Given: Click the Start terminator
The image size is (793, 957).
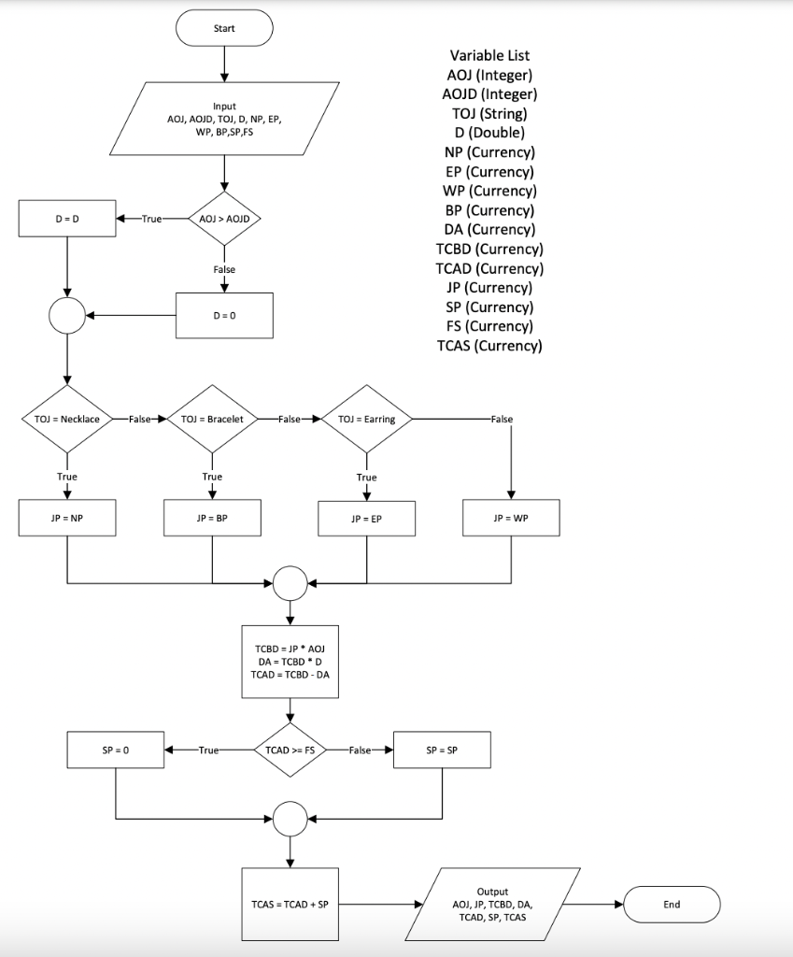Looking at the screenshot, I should coord(224,28).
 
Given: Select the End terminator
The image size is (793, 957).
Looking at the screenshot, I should coord(672,904).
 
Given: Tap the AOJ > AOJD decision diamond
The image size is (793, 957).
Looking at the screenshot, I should coord(224,219).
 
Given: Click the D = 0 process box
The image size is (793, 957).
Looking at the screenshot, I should coord(224,315).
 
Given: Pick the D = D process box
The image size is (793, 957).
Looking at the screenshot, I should coord(67,219).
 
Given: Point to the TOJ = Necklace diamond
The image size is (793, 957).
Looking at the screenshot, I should coord(67,420).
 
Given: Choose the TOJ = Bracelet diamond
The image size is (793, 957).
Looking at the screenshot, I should coord(212,420).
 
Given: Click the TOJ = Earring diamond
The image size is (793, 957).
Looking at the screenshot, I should coord(366,420).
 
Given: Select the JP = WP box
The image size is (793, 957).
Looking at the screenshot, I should coord(511,517).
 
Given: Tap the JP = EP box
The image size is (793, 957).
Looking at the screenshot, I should coord(366,518).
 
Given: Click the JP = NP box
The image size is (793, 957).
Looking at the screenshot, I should coord(67,517).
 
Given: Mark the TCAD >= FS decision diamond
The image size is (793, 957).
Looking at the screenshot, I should coord(290,750).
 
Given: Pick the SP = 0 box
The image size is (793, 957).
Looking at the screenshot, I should coord(116,750).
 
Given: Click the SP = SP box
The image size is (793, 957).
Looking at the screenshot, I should coord(442,750).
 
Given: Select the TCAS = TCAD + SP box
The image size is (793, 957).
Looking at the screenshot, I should coord(290,904).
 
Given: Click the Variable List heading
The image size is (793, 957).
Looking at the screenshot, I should coord(489,55).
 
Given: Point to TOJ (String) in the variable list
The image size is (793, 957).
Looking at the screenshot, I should coord(489,113).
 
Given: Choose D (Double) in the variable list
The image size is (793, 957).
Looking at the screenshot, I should coord(489,133).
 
